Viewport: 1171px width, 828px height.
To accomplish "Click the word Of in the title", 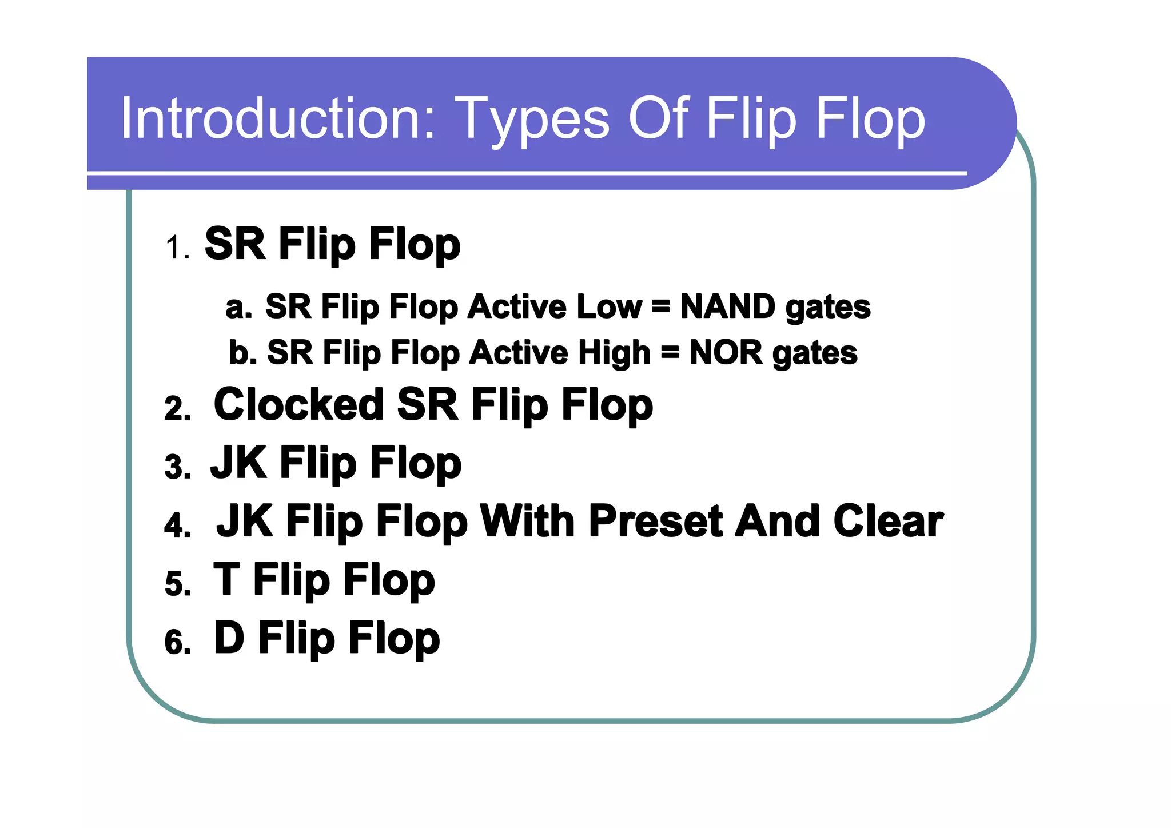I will [x=657, y=118].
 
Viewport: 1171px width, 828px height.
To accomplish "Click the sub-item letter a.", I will [x=238, y=307].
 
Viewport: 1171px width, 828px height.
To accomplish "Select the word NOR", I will [x=726, y=352].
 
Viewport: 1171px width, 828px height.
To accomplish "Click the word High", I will [x=614, y=352].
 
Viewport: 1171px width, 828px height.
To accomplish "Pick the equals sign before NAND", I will [x=660, y=307].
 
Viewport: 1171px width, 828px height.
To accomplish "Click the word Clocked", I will [x=298, y=404].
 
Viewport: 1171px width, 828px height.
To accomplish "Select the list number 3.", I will [x=177, y=467].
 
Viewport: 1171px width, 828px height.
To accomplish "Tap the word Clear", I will [x=887, y=521].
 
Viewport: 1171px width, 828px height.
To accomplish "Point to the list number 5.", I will [x=177, y=584].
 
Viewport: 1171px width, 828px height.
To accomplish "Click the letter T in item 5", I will [x=226, y=579].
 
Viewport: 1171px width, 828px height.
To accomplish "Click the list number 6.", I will [x=177, y=642].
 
